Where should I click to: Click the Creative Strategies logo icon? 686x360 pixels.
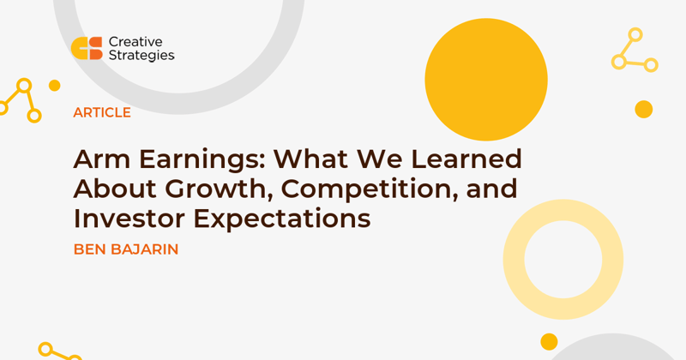tap(87, 48)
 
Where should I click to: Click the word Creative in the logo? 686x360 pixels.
tap(135, 42)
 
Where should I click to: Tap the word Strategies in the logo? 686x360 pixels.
tap(141, 56)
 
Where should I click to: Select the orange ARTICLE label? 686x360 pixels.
tap(102, 112)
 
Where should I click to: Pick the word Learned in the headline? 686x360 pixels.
tap(466, 159)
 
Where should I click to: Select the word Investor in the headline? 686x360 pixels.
tap(129, 219)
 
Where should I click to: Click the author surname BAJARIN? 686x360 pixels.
tap(145, 249)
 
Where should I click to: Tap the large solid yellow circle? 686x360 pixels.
tap(486, 79)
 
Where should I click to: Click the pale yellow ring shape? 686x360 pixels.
tap(513, 260)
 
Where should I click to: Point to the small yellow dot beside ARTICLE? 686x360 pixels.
tap(55, 86)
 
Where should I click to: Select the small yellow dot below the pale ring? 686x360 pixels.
tap(549, 342)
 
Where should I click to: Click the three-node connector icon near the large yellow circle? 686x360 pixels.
tap(635, 50)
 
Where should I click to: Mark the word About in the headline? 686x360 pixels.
tap(115, 189)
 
